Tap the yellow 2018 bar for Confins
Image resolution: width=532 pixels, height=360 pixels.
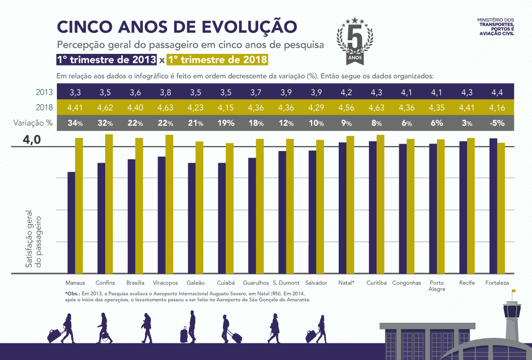click(109, 204)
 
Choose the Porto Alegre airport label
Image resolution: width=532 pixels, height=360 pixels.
click(436, 286)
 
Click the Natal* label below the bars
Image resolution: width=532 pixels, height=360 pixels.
click(346, 283)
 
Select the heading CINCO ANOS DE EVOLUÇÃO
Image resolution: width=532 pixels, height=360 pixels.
click(177, 27)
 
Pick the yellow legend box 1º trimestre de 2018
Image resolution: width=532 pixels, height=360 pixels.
click(217, 59)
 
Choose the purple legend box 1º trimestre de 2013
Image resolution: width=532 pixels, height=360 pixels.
click(106, 59)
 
